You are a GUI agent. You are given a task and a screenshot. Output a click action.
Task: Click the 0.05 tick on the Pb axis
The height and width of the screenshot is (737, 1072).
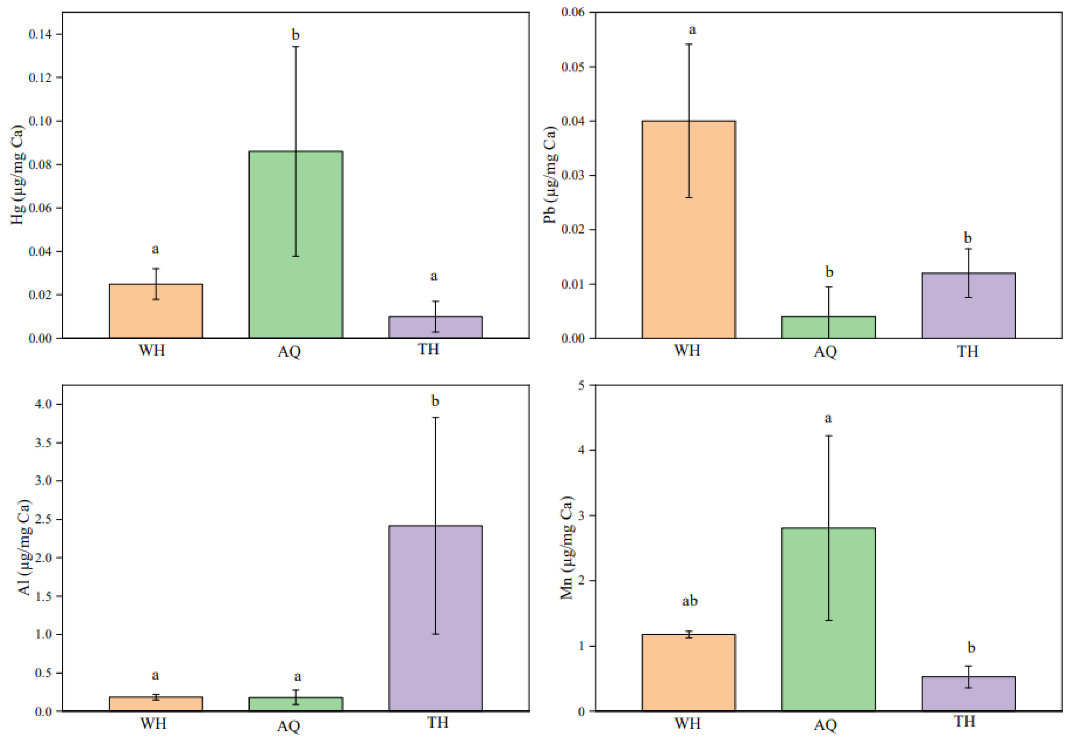click(x=572, y=67)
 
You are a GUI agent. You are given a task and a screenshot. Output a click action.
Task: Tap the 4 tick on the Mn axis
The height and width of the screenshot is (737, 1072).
click(x=581, y=450)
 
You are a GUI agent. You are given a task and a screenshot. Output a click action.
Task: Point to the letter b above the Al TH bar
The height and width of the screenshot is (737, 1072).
click(x=435, y=401)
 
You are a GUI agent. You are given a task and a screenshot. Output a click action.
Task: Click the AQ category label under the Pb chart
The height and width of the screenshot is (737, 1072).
click(x=826, y=352)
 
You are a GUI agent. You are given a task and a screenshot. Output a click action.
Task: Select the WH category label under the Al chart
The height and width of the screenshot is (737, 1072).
click(x=153, y=723)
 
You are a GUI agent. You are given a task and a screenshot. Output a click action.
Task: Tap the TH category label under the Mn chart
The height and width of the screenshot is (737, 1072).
click(x=964, y=721)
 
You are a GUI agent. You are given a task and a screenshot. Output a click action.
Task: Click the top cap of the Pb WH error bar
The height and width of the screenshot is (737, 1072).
click(x=689, y=44)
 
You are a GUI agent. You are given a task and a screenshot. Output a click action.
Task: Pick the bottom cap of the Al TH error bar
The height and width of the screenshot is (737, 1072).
click(x=435, y=634)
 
